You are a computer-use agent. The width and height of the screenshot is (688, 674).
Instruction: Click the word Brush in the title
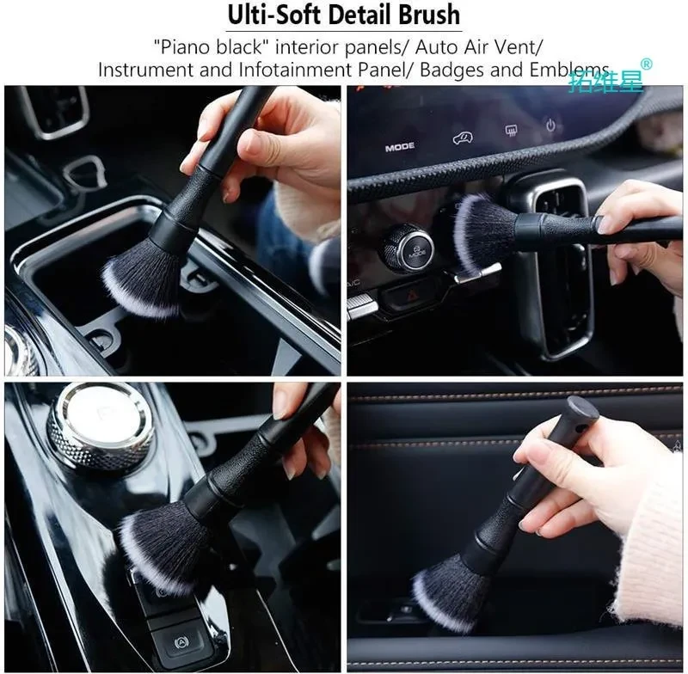(429, 15)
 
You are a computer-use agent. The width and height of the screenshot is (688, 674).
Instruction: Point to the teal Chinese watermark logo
(605, 81)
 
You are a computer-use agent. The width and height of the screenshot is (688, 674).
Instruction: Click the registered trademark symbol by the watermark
(647, 64)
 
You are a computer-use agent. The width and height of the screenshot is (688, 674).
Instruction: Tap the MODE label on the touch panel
(400, 147)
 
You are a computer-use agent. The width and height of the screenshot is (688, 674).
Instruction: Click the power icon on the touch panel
(550, 126)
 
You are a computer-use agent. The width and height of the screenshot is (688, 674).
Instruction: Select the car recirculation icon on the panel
(463, 138)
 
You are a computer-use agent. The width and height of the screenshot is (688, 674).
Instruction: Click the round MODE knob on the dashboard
(406, 247)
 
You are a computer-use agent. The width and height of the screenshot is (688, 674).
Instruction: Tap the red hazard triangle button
(411, 297)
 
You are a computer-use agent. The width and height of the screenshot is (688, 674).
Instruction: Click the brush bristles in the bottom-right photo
(452, 590)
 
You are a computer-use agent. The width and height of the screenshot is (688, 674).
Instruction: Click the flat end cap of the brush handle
(583, 407)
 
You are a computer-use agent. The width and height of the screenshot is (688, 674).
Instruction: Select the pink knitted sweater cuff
(649, 548)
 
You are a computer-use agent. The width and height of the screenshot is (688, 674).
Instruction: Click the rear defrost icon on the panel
(511, 130)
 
